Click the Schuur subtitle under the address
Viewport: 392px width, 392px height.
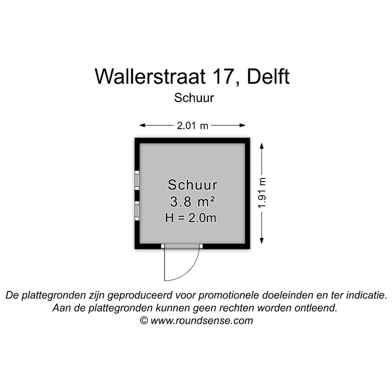point(194,98)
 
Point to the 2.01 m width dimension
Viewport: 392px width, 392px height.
point(192,126)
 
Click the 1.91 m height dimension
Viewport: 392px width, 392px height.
point(262,193)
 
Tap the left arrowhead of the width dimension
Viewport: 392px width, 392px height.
point(142,125)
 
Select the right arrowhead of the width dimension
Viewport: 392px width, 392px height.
point(242,125)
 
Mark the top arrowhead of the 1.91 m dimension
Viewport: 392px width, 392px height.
point(262,146)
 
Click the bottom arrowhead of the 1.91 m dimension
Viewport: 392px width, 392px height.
point(262,241)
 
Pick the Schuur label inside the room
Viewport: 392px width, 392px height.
point(192,185)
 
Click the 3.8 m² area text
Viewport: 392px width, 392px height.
point(192,201)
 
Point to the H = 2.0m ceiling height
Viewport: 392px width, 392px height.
point(191,218)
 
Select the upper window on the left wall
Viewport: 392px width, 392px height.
point(137,179)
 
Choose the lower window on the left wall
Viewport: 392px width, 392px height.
point(137,211)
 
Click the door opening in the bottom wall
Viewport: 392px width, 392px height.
point(182,246)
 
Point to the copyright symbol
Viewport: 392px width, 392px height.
point(144,320)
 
